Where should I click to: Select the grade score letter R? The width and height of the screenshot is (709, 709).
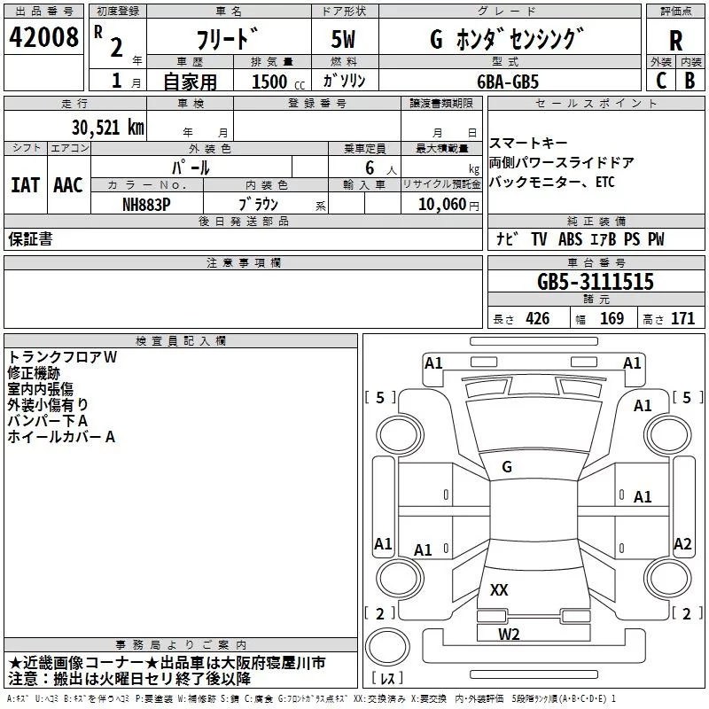(x=675, y=40)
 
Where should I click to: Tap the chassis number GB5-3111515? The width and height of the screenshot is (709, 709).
(x=596, y=282)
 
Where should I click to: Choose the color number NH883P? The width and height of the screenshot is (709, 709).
(x=147, y=204)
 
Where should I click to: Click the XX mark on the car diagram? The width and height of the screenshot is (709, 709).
(x=499, y=589)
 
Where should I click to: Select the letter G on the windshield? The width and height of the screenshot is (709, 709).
(x=507, y=467)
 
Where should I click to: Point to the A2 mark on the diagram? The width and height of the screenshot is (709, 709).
(x=682, y=544)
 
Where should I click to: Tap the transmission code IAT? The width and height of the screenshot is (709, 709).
(x=25, y=185)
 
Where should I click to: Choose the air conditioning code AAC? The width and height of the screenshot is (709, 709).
(x=67, y=185)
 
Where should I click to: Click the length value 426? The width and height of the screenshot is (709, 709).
(x=537, y=319)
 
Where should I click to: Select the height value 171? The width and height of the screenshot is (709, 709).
(x=682, y=319)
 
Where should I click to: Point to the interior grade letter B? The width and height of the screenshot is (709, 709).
(x=690, y=81)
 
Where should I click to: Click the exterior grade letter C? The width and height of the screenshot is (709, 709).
(x=660, y=81)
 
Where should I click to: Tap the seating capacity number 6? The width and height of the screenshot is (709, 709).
(x=367, y=167)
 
